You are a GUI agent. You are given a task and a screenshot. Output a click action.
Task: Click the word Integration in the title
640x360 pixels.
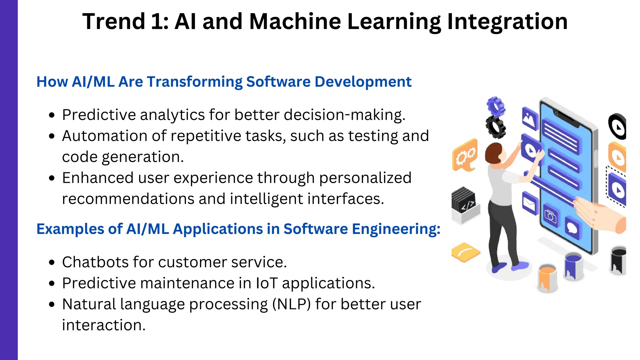click(x=507, y=22)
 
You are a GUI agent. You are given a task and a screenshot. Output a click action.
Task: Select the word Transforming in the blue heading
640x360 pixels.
click(x=194, y=82)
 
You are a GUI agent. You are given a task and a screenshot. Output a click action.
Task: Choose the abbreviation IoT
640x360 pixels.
click(x=267, y=283)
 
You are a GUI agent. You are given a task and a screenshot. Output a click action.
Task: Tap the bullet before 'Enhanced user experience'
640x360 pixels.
click(x=52, y=178)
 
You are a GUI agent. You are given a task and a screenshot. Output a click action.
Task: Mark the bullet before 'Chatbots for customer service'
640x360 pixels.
click(x=52, y=262)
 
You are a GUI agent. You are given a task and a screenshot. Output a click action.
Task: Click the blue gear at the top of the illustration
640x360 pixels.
click(x=496, y=106)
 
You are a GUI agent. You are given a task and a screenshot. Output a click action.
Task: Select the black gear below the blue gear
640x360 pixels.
click(x=496, y=127)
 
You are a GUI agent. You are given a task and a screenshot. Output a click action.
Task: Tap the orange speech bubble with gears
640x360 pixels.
click(x=465, y=155)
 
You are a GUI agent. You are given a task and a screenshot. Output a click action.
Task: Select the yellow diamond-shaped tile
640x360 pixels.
click(x=465, y=252)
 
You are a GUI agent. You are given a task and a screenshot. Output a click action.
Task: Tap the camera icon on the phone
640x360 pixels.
click(x=550, y=216)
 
